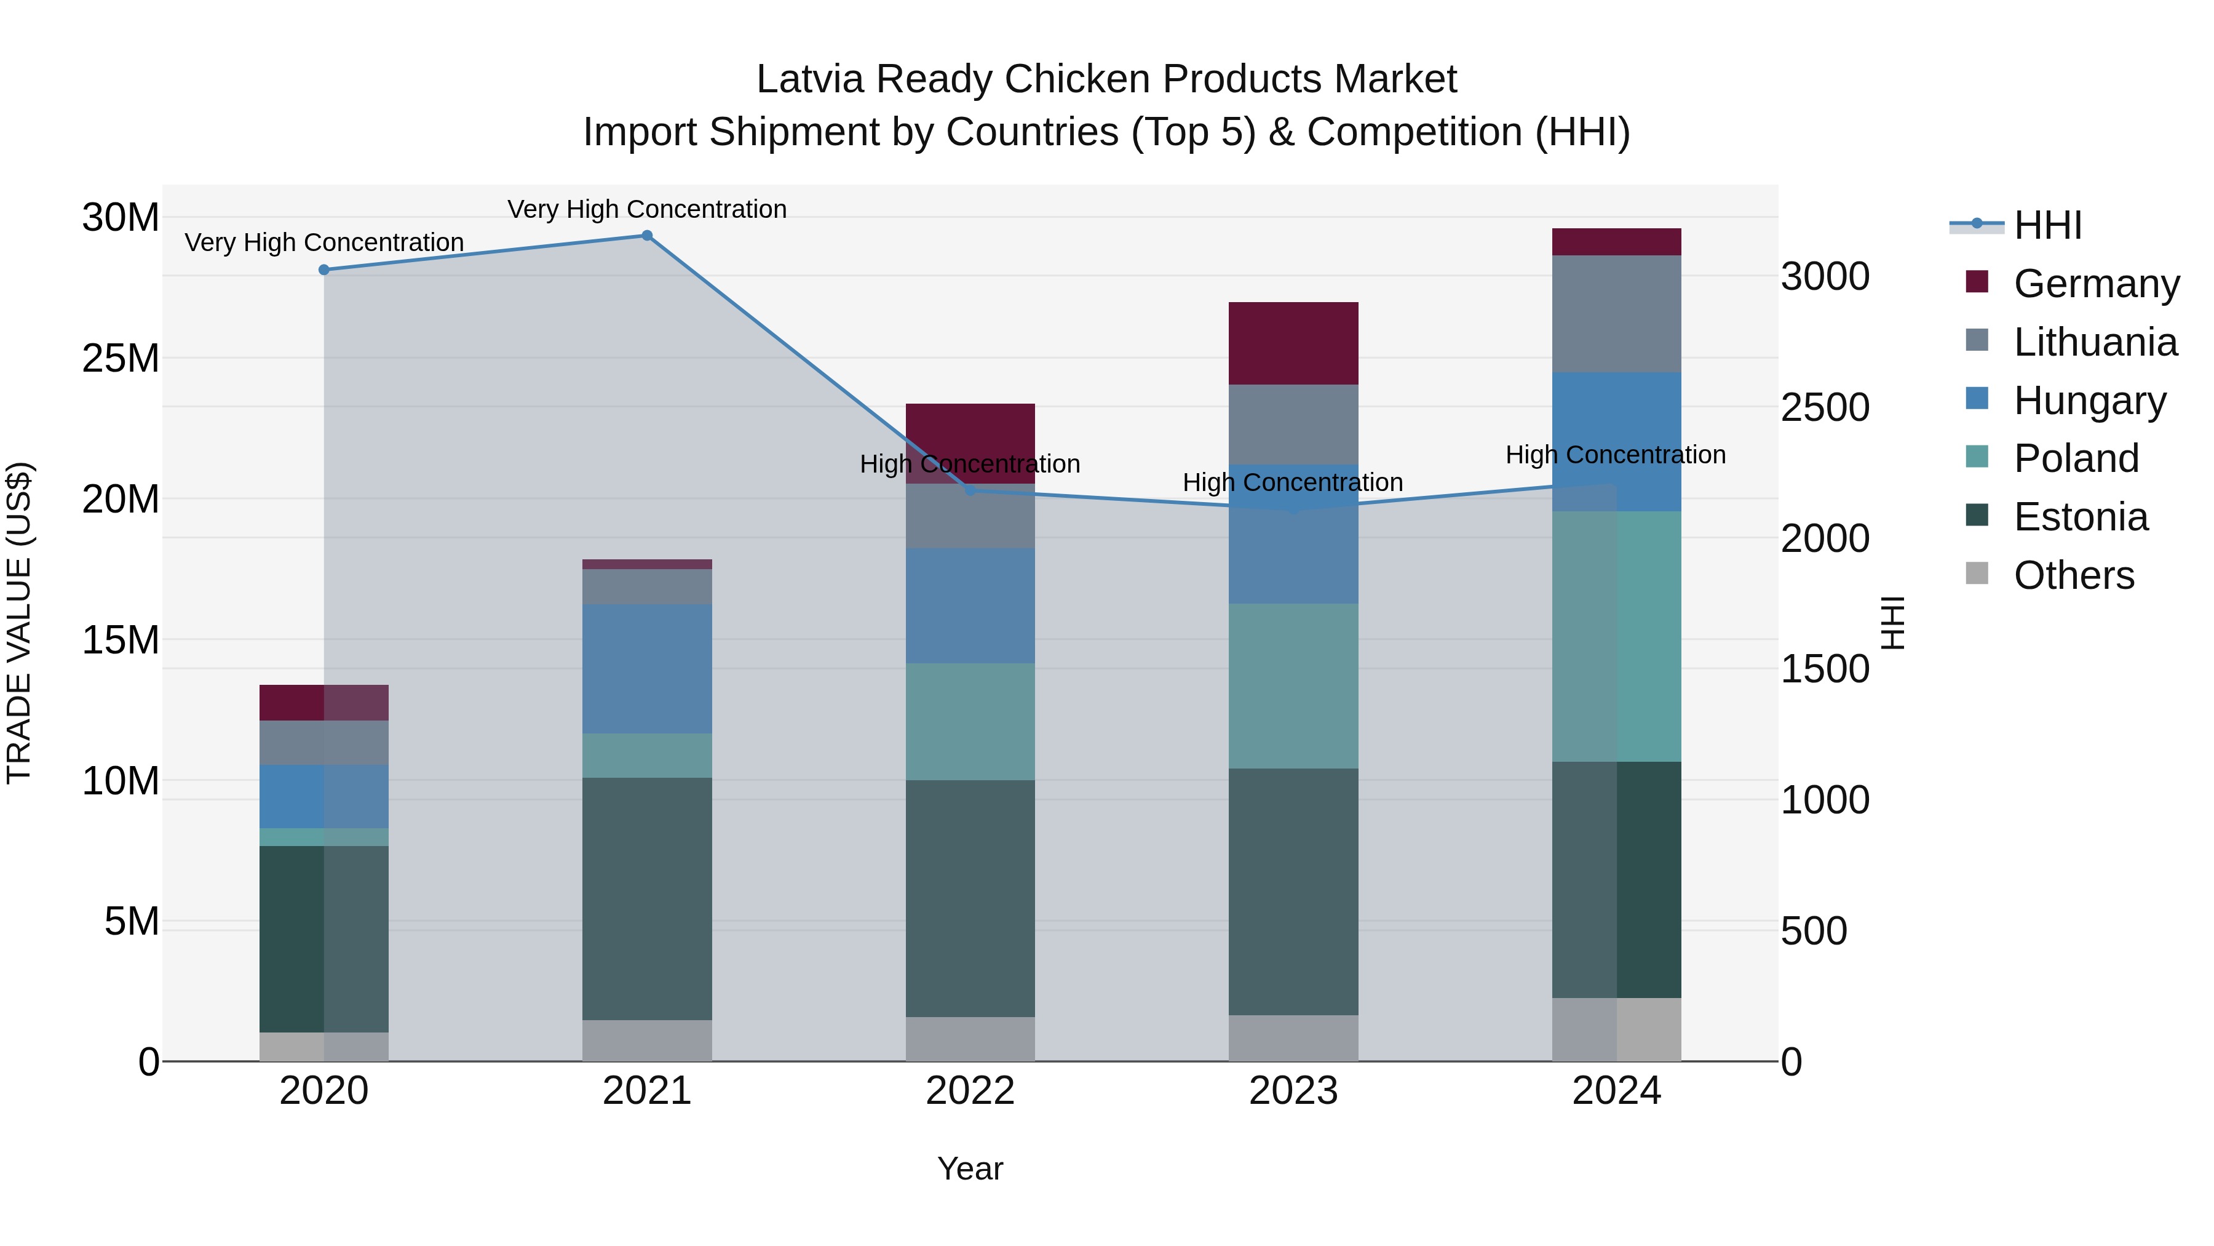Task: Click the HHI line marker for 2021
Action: (647, 236)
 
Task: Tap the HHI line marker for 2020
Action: (324, 270)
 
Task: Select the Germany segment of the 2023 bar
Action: (1293, 343)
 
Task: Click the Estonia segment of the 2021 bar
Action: (647, 898)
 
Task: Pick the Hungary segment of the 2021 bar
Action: (647, 668)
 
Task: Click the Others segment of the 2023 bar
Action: (1293, 1038)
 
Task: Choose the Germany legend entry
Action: (2095, 284)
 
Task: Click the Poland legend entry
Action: (2076, 458)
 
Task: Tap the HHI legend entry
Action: (2047, 225)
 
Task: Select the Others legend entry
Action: (2073, 575)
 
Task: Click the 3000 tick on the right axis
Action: (1825, 277)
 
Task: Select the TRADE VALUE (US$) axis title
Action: (19, 623)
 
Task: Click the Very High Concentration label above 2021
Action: (646, 209)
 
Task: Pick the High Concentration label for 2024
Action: (1615, 454)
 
